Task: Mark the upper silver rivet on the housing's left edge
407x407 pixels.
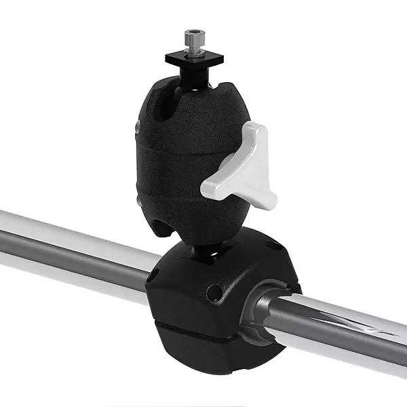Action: [x=138, y=127]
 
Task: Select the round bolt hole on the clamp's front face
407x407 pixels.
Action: [x=215, y=293]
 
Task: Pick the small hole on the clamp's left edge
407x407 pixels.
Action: [x=153, y=276]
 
